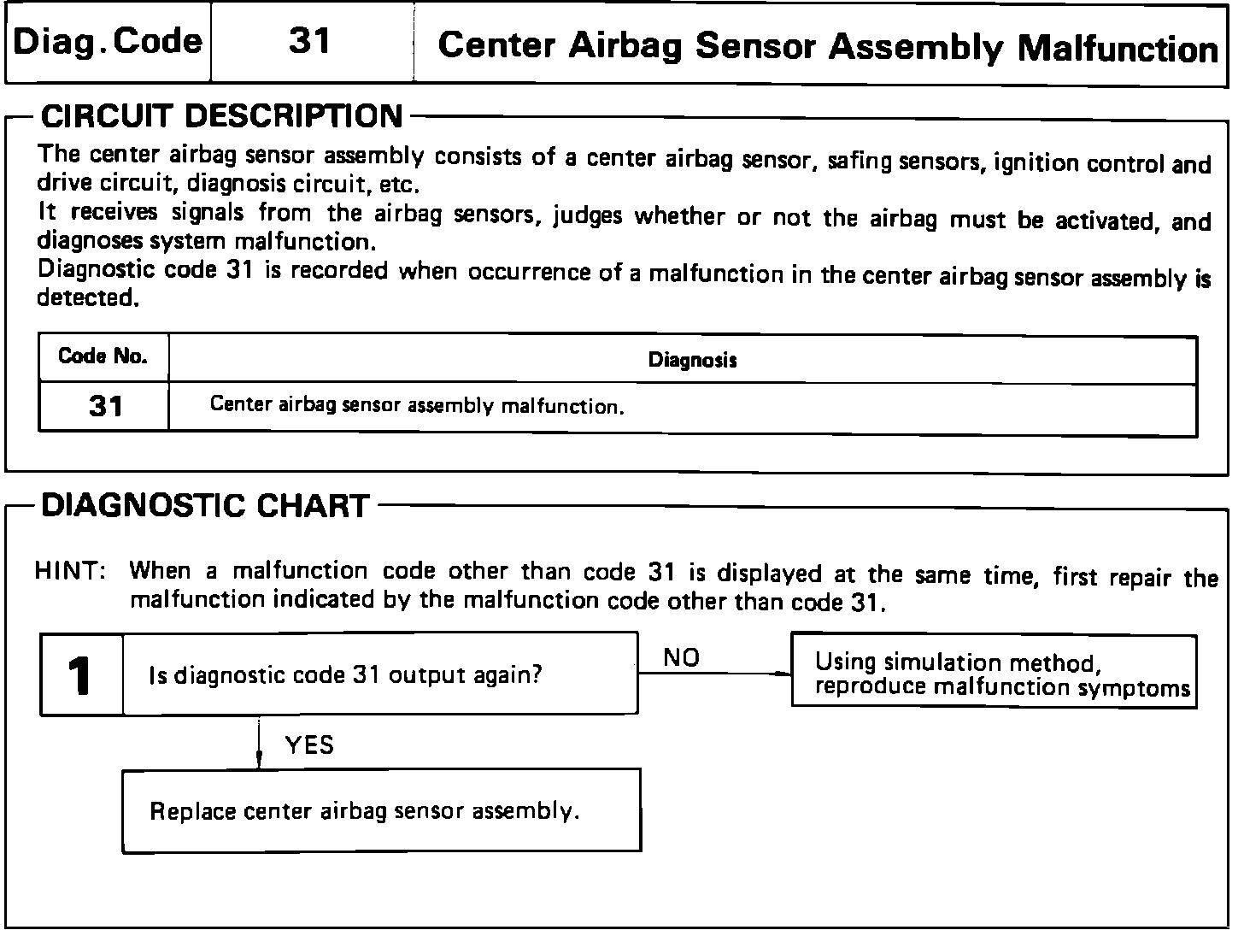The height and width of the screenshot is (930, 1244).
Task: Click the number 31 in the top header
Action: pos(310,41)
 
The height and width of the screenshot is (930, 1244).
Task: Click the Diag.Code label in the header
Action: pos(108,41)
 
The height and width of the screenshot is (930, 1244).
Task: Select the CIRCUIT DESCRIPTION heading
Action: pos(221,116)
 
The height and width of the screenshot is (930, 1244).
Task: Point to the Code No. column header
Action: pos(103,356)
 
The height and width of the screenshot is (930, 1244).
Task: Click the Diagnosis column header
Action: pos(692,360)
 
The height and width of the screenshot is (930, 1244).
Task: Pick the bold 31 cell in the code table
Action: pos(105,407)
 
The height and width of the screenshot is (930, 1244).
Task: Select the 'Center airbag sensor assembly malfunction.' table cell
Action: pos(417,404)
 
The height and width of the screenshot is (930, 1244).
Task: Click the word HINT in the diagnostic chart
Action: pos(69,571)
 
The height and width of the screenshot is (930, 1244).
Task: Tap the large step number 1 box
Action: pos(82,674)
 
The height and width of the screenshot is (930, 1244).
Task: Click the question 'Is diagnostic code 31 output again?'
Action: pos(345,675)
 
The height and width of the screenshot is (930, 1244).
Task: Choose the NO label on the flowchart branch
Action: pos(681,657)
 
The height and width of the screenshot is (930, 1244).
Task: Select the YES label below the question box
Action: pos(309,745)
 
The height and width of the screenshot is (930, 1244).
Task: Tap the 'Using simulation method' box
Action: pos(994,674)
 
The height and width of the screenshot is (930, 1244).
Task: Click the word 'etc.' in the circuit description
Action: pos(401,185)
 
